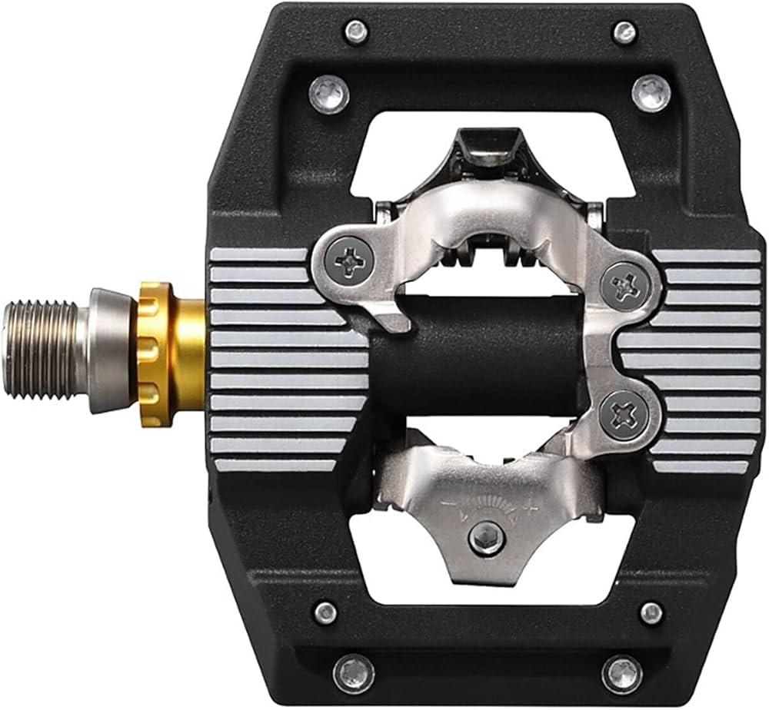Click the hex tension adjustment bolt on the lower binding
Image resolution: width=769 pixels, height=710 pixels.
(x=487, y=539)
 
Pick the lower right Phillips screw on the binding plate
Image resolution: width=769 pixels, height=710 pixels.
(x=623, y=415)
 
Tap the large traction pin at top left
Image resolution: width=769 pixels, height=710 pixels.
(x=329, y=95)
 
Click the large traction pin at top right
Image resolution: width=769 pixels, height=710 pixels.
(x=651, y=94)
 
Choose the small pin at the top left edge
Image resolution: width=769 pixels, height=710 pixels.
(x=356, y=32)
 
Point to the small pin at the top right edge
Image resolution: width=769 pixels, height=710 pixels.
(x=624, y=32)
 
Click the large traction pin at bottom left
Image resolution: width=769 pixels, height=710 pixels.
(x=354, y=673)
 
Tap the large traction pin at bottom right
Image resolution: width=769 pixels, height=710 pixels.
(x=622, y=674)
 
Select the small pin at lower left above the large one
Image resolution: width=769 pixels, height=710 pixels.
(x=326, y=612)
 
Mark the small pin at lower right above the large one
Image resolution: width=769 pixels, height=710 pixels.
(x=651, y=612)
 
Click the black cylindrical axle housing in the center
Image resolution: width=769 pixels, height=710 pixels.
(x=477, y=353)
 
